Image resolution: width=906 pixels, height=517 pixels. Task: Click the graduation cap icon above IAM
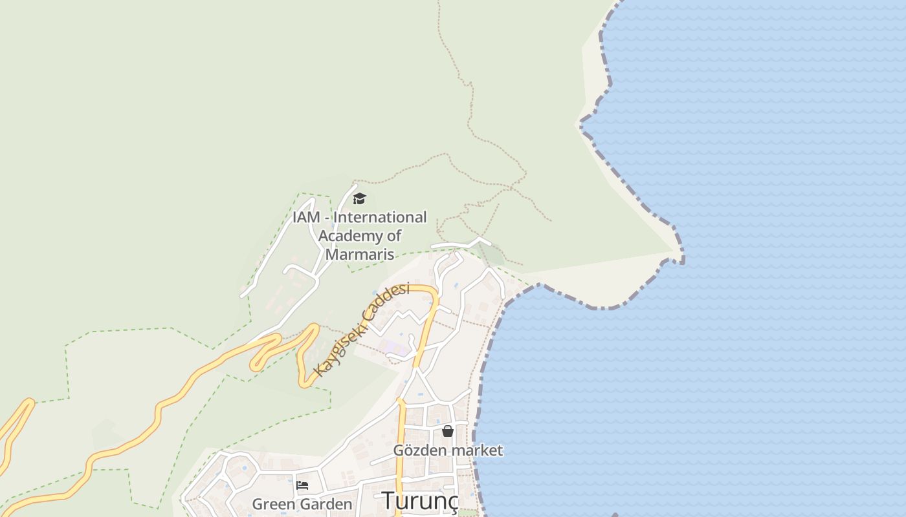click(359, 198)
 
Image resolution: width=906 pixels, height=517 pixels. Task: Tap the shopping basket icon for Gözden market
click(447, 430)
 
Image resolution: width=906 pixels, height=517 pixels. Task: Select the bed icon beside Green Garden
click(302, 485)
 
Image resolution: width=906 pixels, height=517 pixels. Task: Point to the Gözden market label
click(448, 450)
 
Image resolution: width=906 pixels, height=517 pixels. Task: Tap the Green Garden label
click(302, 504)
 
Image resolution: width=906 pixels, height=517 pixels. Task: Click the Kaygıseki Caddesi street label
click(362, 330)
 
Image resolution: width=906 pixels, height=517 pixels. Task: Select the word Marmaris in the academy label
click(360, 254)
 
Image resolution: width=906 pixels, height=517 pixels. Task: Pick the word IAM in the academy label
click(306, 217)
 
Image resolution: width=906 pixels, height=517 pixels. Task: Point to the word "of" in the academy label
click(394, 236)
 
